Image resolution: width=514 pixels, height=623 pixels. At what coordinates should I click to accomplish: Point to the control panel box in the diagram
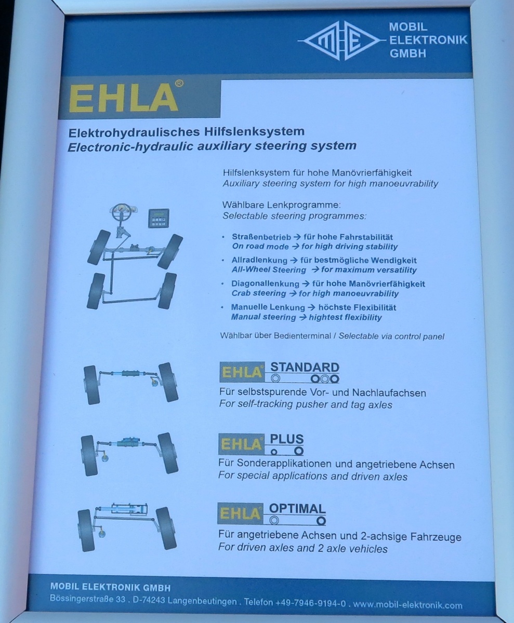(x=159, y=218)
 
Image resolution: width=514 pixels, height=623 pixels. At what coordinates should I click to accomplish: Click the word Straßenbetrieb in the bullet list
(x=261, y=237)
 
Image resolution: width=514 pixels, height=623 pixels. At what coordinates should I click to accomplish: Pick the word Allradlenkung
(x=259, y=261)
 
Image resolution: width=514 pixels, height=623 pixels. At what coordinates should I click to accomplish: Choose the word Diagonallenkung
(x=265, y=284)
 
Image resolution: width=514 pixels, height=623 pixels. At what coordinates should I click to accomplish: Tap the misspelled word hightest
(x=327, y=317)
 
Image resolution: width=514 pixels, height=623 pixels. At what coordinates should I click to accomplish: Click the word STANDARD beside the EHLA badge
(x=305, y=367)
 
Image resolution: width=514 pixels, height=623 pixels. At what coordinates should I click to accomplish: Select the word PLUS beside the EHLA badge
(x=287, y=439)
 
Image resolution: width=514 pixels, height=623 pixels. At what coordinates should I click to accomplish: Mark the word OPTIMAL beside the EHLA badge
(x=297, y=509)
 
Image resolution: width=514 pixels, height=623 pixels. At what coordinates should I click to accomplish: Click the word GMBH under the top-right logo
(x=407, y=53)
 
